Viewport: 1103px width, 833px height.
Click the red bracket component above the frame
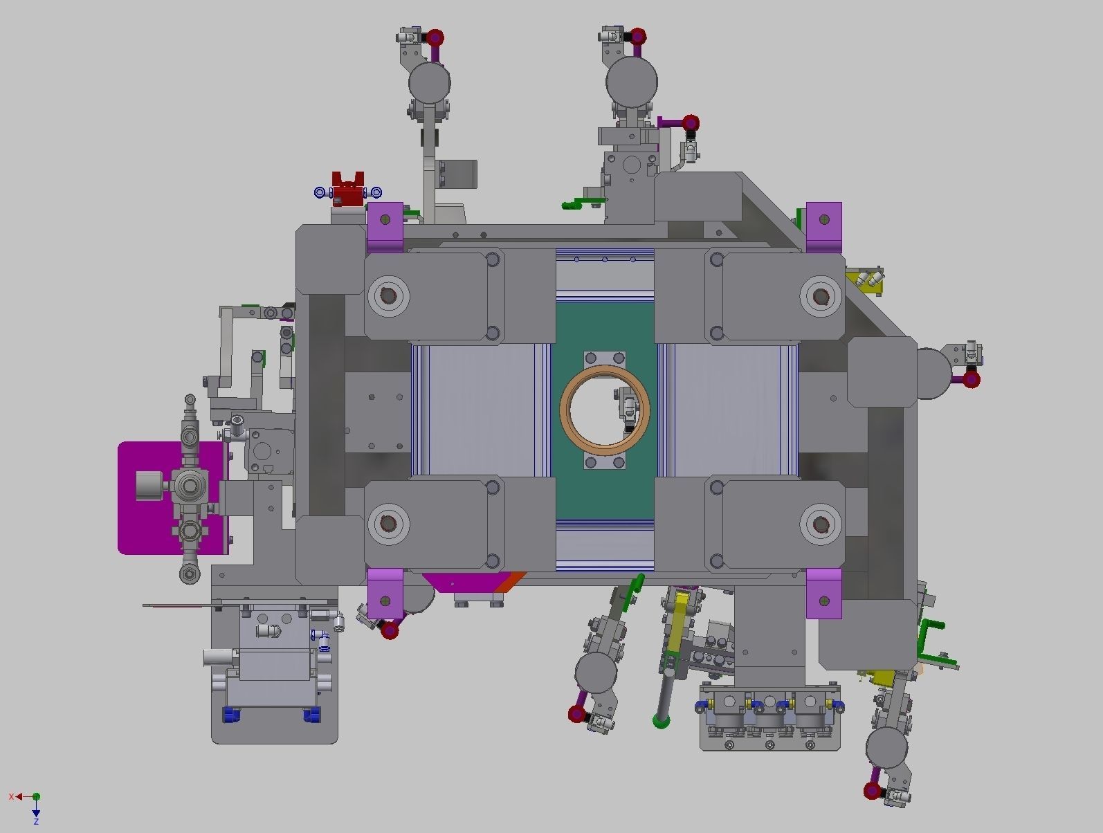coord(348,190)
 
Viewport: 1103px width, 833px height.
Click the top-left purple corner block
coord(385,227)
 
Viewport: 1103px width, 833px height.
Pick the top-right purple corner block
coord(824,227)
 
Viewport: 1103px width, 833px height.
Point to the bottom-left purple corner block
coord(385,594)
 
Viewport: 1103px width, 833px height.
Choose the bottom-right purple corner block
coord(824,594)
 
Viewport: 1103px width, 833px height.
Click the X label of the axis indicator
coord(11,796)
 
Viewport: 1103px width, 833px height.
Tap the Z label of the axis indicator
coord(36,821)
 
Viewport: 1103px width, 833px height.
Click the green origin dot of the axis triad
coord(36,796)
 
